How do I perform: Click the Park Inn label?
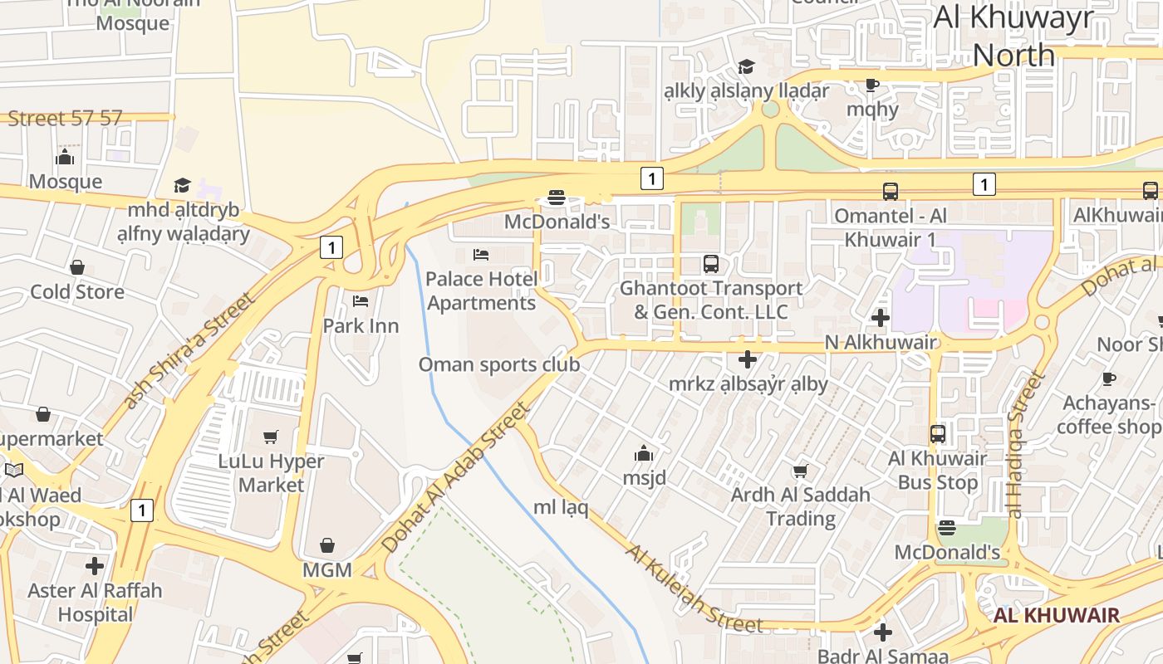[361, 325]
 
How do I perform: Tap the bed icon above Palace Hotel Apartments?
[481, 254]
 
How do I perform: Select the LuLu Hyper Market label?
[271, 472]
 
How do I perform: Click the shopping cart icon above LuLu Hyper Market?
[271, 437]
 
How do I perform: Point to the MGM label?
[326, 570]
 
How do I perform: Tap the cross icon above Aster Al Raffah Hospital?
[95, 566]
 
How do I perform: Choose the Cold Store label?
[77, 291]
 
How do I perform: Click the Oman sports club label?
[498, 364]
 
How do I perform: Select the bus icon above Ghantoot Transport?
[711, 264]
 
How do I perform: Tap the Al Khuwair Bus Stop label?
[937, 470]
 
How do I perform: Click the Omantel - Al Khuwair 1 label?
[891, 227]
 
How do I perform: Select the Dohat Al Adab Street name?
[455, 478]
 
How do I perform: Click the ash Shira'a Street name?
[188, 350]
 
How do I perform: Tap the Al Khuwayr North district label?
[1013, 36]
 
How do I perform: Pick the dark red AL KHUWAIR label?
[1057, 615]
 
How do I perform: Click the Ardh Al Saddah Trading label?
[800, 506]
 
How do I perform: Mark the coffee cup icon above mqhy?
[871, 85]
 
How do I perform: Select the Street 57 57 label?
[65, 118]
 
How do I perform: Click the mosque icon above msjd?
[644, 453]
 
